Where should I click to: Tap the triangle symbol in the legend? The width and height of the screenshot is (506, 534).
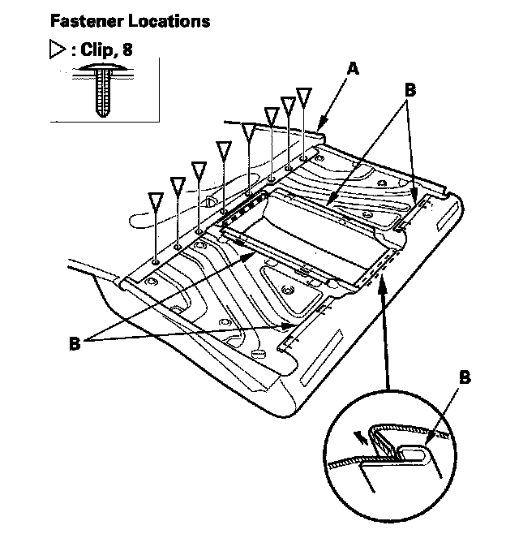(x=57, y=50)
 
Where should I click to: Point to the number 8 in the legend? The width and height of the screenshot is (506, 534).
(x=127, y=50)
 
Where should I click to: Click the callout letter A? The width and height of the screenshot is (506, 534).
(x=351, y=70)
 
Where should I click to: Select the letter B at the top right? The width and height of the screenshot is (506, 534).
(x=410, y=91)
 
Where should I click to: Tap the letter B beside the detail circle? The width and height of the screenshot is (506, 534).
(x=465, y=377)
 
